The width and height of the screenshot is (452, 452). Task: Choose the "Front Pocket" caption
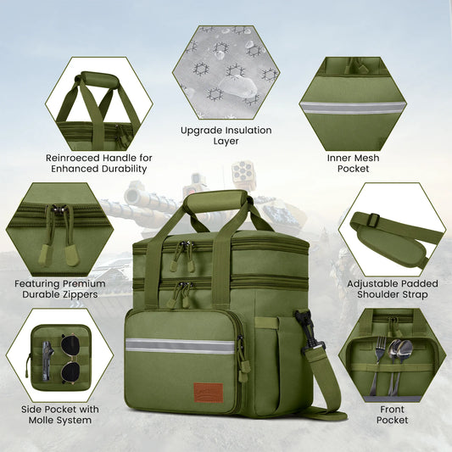(x=392, y=414)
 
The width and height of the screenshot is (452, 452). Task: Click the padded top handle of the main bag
(x=216, y=202)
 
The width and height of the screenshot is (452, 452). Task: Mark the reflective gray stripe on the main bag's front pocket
(x=180, y=345)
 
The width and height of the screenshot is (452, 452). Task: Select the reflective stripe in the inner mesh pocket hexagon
(x=353, y=108)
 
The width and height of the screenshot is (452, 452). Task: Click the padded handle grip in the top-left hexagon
(x=98, y=80)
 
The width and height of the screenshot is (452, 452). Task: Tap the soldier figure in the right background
(x=344, y=265)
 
